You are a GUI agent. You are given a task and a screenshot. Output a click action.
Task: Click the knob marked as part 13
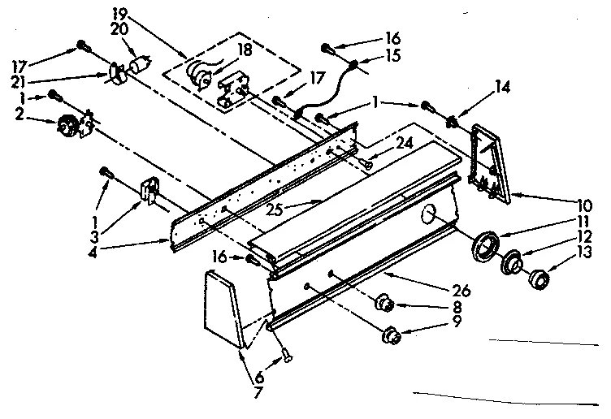click(537, 280)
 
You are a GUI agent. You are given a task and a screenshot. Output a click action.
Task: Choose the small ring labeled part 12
click(513, 264)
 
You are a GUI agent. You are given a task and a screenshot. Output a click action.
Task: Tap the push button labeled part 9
click(392, 334)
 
